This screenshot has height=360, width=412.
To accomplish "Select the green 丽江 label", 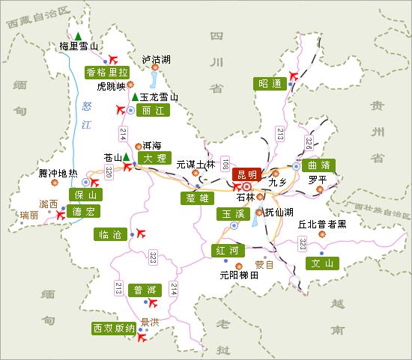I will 152,109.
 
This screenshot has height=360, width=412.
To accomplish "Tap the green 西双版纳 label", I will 113,328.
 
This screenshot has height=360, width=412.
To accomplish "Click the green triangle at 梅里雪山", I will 77,34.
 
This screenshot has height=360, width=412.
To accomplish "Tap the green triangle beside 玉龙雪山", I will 134,97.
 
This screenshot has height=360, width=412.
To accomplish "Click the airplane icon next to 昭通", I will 293,75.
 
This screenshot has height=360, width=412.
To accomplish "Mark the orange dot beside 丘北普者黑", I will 322,234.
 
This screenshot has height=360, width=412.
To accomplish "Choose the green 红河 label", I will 225,249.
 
